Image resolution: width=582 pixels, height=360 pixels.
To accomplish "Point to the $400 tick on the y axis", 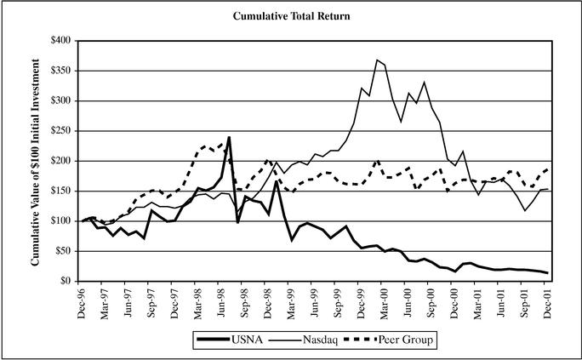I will [x=61, y=41].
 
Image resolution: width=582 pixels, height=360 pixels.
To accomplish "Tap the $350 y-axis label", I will [x=61, y=71].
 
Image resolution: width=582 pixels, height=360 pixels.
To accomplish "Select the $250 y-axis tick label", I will [x=61, y=131].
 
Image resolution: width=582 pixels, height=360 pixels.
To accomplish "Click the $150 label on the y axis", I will [x=61, y=191].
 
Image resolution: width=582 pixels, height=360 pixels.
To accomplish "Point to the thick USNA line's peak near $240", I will [x=229, y=137].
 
